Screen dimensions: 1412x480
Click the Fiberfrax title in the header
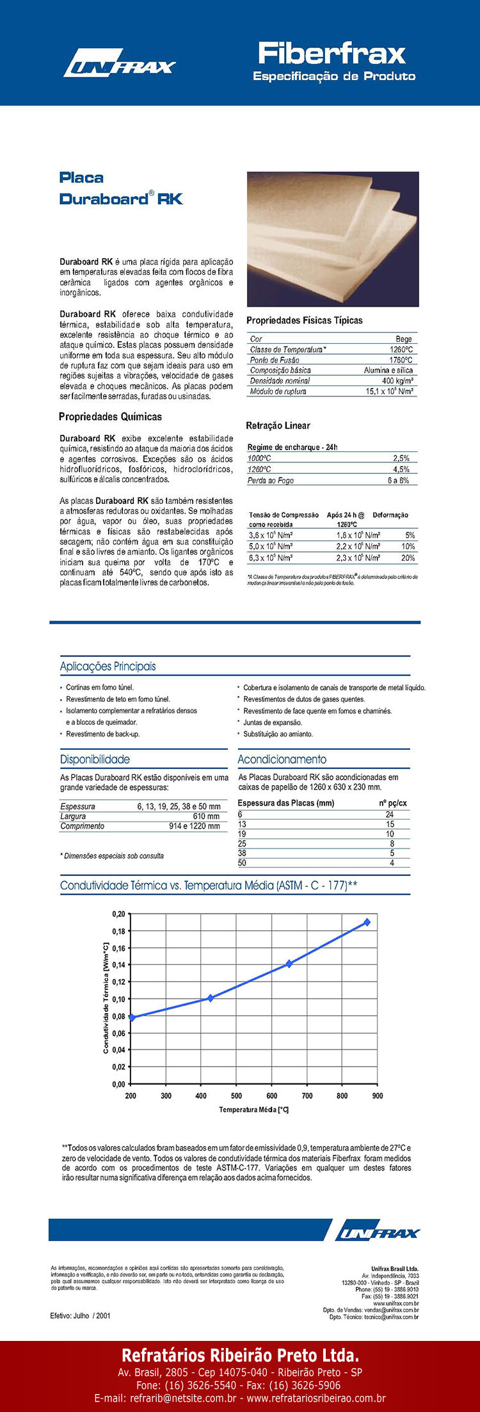pyautogui.click(x=332, y=53)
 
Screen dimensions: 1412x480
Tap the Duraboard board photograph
pyautogui.click(x=333, y=239)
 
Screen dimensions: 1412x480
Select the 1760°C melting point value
pyautogui.click(x=401, y=360)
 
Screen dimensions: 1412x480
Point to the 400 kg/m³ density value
pyautogui.click(x=397, y=380)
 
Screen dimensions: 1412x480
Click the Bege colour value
pyautogui.click(x=404, y=339)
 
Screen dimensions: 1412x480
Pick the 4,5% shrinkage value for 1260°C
pyautogui.click(x=401, y=469)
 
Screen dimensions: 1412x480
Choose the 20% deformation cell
pyautogui.click(x=408, y=558)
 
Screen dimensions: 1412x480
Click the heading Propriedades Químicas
pyautogui.click(x=110, y=417)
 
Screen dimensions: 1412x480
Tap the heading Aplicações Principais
pyautogui.click(x=108, y=666)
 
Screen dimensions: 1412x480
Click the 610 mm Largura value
pyautogui.click(x=206, y=816)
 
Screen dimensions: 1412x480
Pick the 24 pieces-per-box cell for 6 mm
pyautogui.click(x=390, y=815)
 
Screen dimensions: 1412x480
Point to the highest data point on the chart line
pyautogui.click(x=367, y=922)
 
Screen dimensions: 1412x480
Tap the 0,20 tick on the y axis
pyautogui.click(x=118, y=914)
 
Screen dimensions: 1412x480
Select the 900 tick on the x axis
pyautogui.click(x=378, y=1096)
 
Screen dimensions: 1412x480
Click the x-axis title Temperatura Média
pyautogui.click(x=253, y=1110)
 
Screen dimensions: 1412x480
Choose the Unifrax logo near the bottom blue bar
pyautogui.click(x=378, y=1233)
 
